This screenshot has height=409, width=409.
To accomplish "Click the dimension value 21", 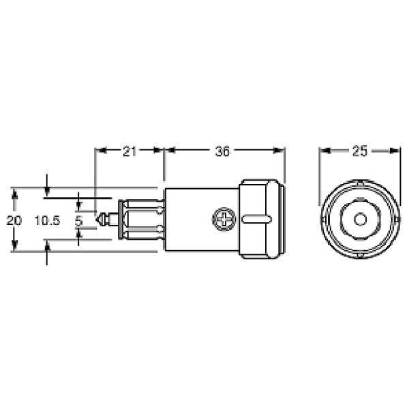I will pyautogui.click(x=129, y=151).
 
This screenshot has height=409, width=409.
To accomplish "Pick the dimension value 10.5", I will pyautogui.click(x=48, y=220).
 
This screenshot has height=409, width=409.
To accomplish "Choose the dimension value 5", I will pyautogui.click(x=79, y=220).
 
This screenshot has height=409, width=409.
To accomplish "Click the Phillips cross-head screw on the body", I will pyautogui.click(x=222, y=219).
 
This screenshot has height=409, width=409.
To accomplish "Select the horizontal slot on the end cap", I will pyautogui.click(x=256, y=219).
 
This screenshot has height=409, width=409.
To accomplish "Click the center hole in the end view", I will pyautogui.click(x=359, y=219).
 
